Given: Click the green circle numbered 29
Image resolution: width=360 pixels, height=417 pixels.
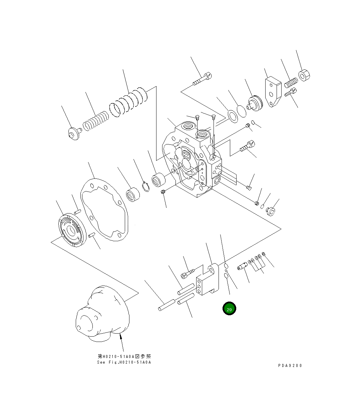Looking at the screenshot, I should (x=229, y=309).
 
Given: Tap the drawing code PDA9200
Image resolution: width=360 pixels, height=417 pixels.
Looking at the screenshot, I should (x=290, y=365).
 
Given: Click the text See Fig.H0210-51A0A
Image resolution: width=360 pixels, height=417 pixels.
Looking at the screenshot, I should (x=124, y=362).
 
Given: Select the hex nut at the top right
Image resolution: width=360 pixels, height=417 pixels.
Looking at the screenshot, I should (x=304, y=75).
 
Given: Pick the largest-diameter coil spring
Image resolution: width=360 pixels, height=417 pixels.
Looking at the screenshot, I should (x=128, y=102).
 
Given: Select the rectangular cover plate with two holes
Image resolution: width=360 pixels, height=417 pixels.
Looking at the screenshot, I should (x=272, y=92).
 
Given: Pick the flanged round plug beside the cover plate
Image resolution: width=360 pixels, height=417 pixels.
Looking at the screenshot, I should (x=255, y=102).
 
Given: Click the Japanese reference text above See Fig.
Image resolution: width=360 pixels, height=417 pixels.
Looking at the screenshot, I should (x=124, y=356).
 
